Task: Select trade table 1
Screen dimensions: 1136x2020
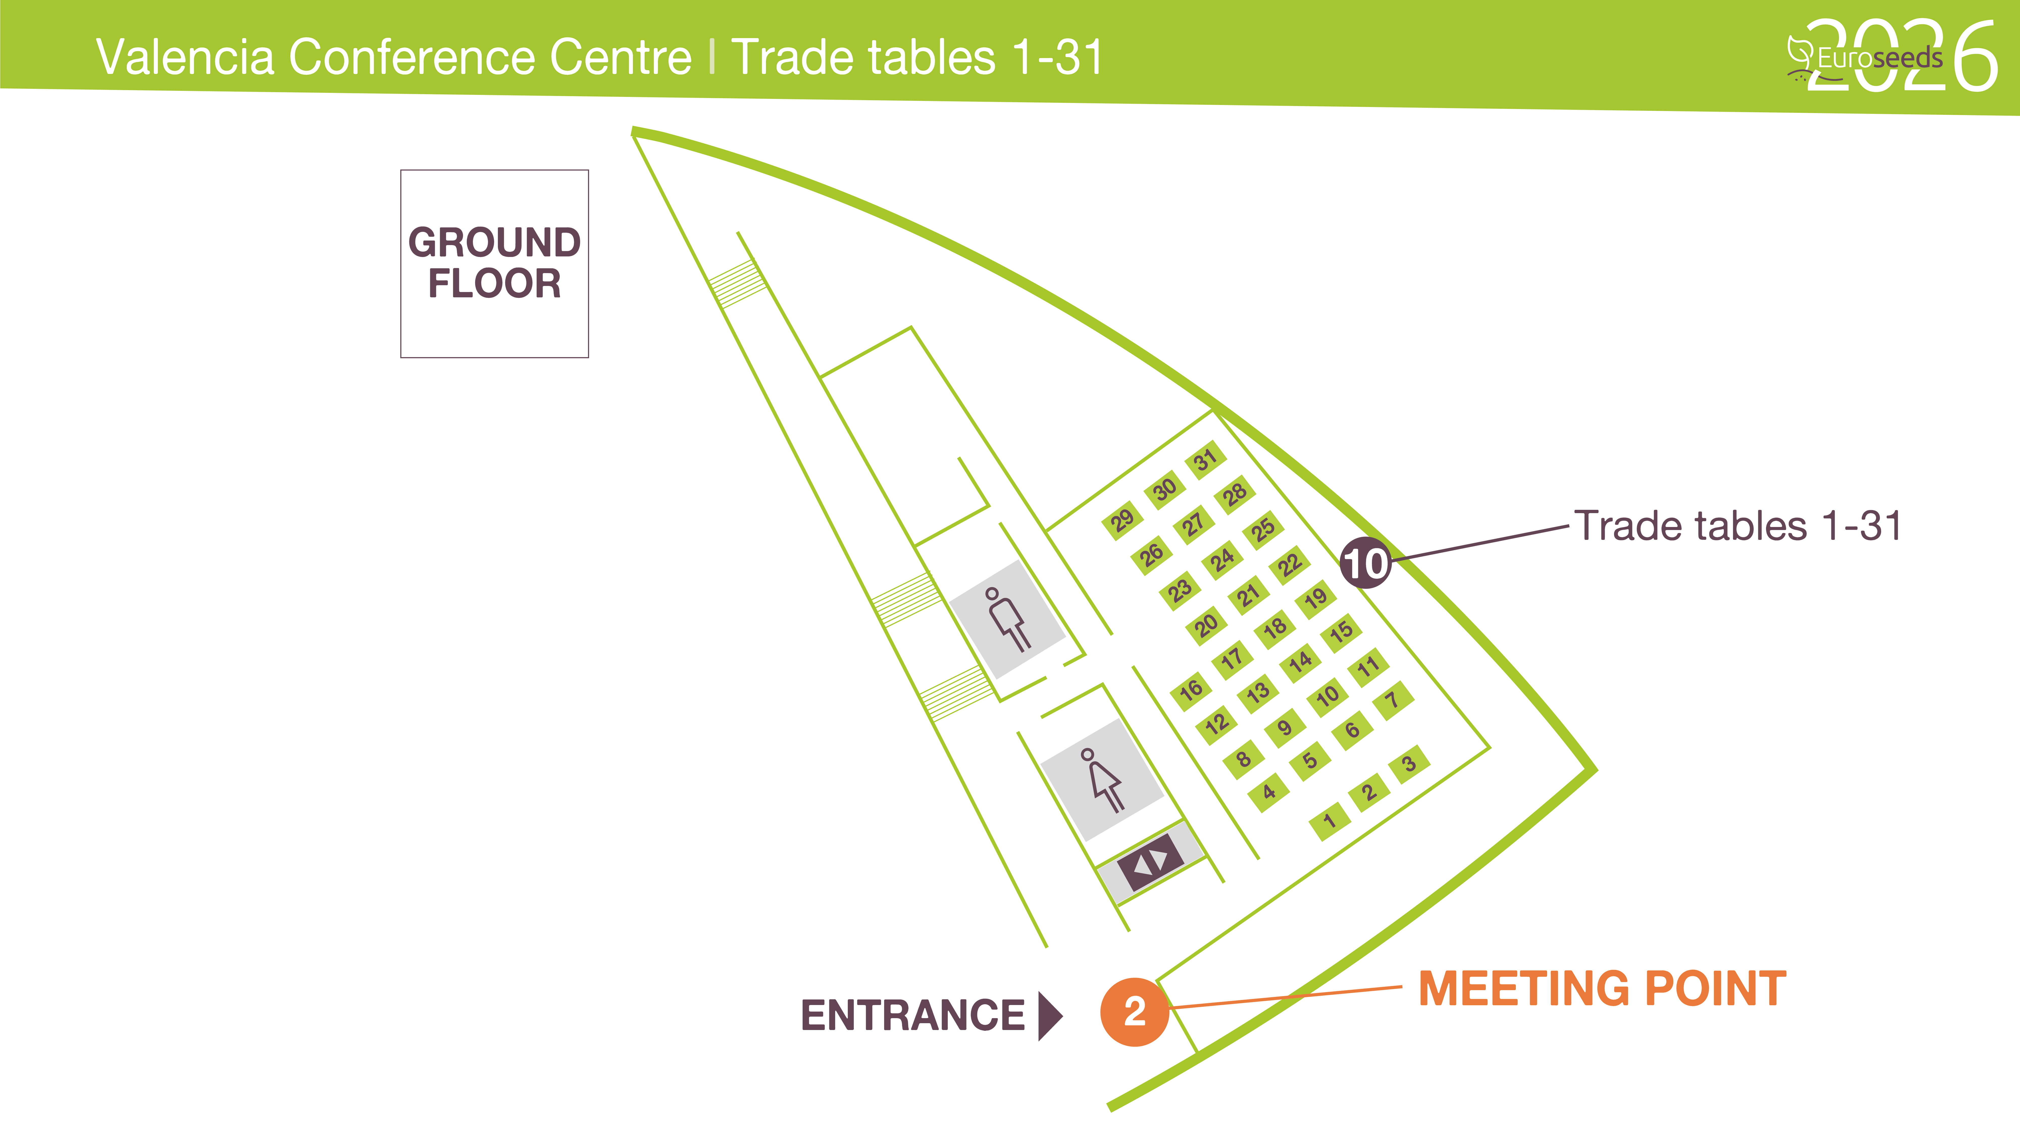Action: pyautogui.click(x=1329, y=821)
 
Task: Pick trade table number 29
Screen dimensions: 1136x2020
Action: pyautogui.click(x=1122, y=519)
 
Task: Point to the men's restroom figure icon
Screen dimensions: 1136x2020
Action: pyautogui.click(x=1007, y=619)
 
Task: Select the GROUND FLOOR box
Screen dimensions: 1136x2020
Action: pyautogui.click(x=494, y=263)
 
